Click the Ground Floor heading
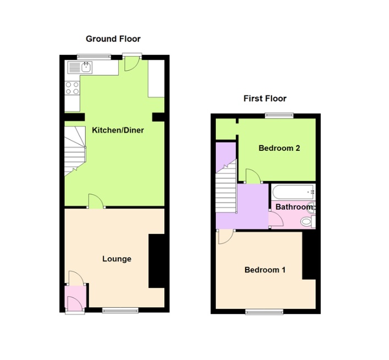coord(113,38)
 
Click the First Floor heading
coord(265,99)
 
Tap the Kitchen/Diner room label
coord(118,130)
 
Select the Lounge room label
coord(116,258)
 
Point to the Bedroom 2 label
coord(279,148)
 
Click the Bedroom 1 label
coord(265,270)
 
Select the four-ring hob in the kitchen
coord(72,88)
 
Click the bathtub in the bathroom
coord(292,192)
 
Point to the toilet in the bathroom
coord(311,222)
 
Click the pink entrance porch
coord(74,299)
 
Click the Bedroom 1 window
coord(264,312)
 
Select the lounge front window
coord(120,310)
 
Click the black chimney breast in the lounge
coord(157,261)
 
